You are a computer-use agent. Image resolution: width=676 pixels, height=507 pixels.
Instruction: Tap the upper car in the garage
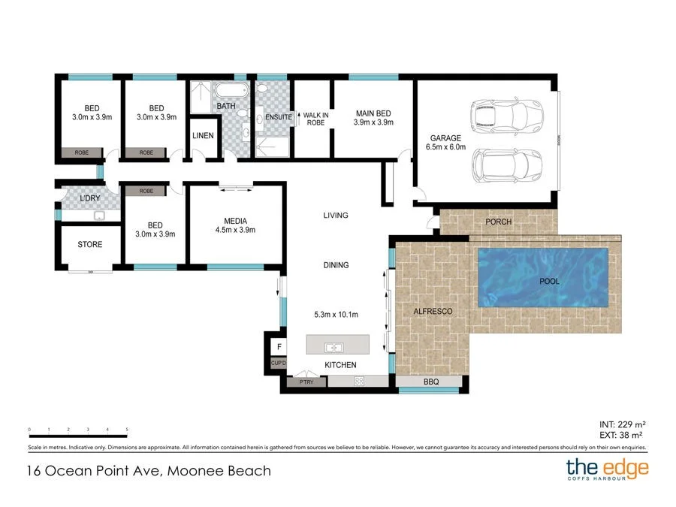[x=505, y=116]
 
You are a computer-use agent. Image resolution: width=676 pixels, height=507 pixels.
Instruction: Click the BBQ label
[x=430, y=382]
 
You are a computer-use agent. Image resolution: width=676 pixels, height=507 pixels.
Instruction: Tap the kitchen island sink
[x=334, y=348]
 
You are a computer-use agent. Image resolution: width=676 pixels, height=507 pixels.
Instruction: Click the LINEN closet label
[x=203, y=136]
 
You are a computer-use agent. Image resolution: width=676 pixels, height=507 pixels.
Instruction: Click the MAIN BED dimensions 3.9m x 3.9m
[x=373, y=122]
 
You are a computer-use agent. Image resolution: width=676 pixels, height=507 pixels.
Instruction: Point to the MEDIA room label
[x=235, y=221]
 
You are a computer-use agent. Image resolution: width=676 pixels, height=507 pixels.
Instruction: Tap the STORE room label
[x=89, y=245]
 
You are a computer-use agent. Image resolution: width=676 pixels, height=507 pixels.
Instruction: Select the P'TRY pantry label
[x=306, y=382]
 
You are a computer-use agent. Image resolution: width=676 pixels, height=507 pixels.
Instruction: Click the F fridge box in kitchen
[x=279, y=347]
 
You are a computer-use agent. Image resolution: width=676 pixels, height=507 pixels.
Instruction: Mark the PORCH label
[x=499, y=222]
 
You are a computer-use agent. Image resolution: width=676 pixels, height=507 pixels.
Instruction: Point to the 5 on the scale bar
[x=127, y=430]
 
